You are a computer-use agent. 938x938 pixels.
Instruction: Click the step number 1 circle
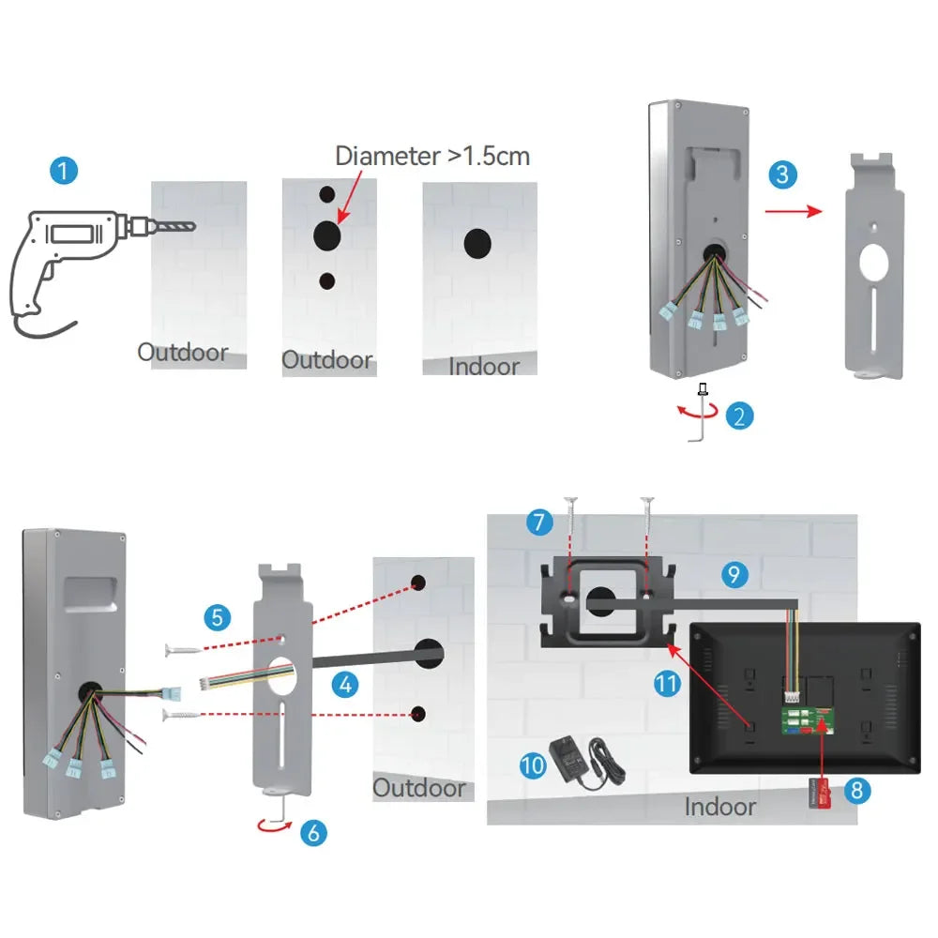(x=63, y=171)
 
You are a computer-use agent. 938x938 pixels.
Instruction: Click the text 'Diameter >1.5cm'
(x=432, y=155)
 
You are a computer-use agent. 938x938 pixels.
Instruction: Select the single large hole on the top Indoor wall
(x=479, y=243)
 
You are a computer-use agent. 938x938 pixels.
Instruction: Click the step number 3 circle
(x=784, y=174)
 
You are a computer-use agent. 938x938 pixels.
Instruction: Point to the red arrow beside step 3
(x=794, y=212)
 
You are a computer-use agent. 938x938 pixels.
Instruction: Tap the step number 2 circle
(x=740, y=415)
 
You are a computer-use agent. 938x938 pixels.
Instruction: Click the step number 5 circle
(x=217, y=617)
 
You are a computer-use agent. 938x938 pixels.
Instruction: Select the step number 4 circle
(x=346, y=685)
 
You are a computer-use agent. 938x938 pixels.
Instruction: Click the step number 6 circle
(x=313, y=831)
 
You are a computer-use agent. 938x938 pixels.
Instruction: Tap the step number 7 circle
(x=539, y=522)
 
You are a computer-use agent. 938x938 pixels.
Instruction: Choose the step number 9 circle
(x=734, y=574)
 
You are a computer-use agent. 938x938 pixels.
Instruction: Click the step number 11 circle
(x=667, y=684)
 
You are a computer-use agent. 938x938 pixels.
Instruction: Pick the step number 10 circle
(x=533, y=764)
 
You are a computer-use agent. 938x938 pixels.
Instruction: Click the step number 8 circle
(x=855, y=790)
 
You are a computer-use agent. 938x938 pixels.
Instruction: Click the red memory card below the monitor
(x=818, y=794)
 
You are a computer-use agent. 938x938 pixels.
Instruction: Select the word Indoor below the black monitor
(x=719, y=806)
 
